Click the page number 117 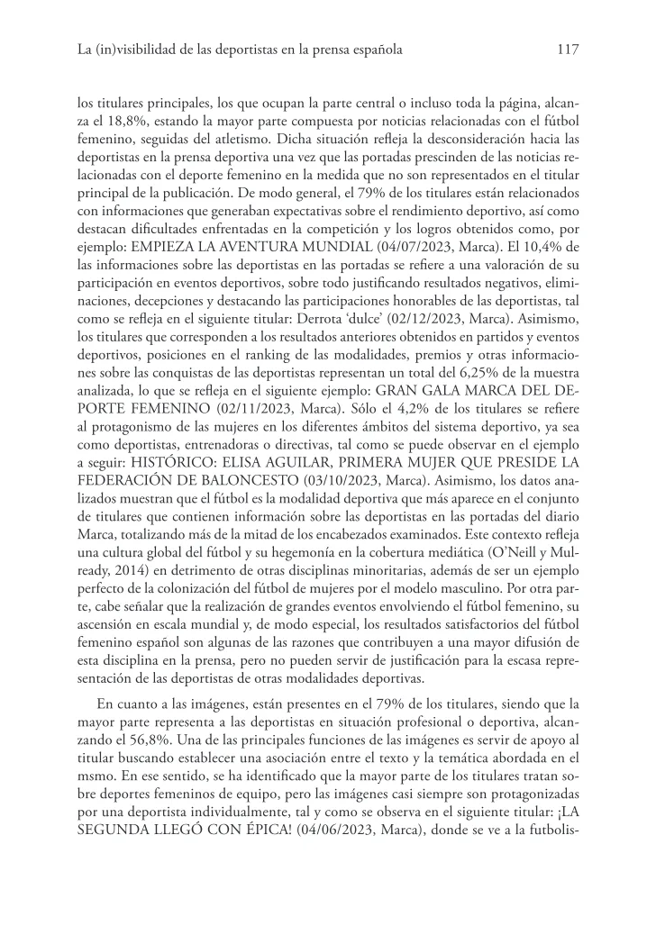coord(567,50)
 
